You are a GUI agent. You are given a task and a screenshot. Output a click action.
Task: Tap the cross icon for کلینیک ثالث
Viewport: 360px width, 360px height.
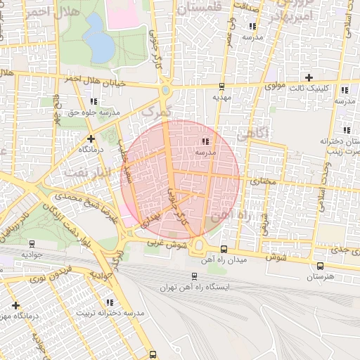click(309, 77)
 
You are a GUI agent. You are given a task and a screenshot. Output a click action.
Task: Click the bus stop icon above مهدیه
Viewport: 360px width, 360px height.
click(222, 87)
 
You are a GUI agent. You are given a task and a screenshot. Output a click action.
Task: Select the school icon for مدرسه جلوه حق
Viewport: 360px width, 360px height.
click(94, 101)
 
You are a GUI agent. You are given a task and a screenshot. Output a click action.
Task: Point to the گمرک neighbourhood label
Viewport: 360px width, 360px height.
click(155, 111)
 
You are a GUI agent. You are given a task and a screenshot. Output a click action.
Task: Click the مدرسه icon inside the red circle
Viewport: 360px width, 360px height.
click(205, 142)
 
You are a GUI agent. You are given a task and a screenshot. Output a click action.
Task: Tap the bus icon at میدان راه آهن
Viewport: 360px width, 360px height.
click(224, 249)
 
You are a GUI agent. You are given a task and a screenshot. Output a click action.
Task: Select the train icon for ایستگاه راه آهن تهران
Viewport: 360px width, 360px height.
click(195, 276)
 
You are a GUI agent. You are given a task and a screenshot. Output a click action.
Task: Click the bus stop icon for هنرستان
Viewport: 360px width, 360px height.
click(321, 266)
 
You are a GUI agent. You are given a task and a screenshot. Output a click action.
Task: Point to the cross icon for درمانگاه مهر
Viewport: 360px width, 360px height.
click(15, 305)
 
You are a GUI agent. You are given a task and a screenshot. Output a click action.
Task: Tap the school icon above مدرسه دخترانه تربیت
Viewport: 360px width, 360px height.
click(108, 302)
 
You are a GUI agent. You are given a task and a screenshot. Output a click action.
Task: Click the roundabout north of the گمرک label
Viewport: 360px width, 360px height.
click(165, 91)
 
